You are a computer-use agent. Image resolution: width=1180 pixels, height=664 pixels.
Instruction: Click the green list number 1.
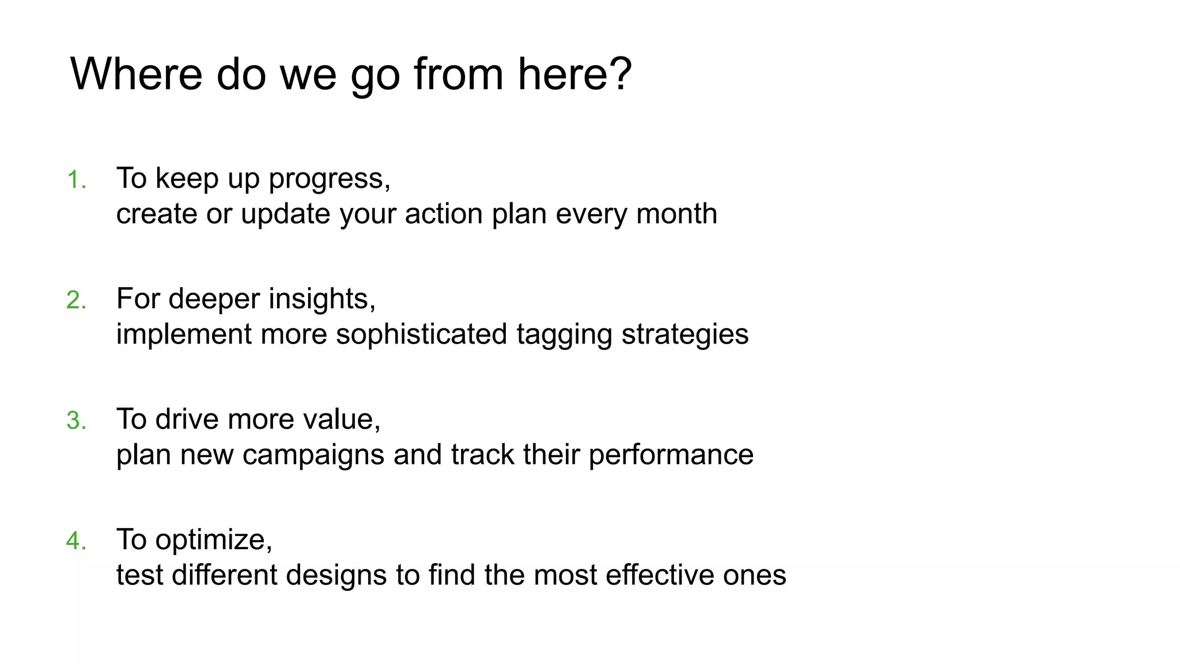click(75, 180)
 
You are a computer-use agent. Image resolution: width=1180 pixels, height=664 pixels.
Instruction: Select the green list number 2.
click(75, 300)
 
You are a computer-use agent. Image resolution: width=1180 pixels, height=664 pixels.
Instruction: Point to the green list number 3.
click(75, 421)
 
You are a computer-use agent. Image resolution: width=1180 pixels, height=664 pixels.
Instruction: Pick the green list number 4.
click(75, 541)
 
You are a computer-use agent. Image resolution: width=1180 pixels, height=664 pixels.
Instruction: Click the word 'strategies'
click(685, 334)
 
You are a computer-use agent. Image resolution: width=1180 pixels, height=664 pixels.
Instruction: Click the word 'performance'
click(671, 455)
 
